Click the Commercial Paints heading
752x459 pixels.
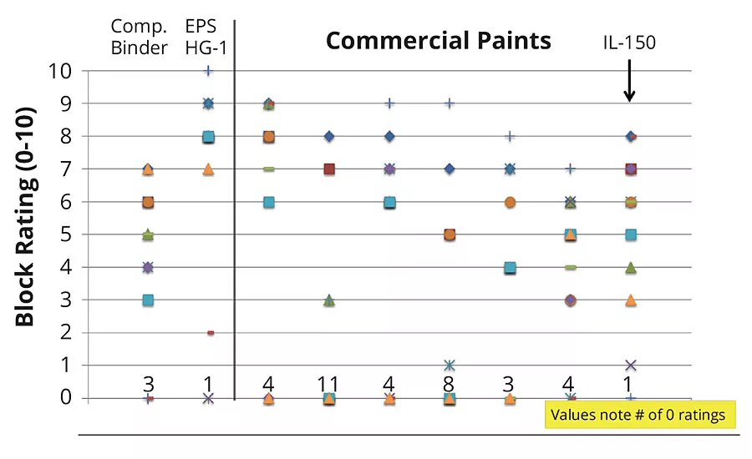[438, 40]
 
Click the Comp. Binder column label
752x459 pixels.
[140, 37]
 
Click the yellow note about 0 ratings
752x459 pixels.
[641, 414]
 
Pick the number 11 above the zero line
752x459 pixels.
[328, 384]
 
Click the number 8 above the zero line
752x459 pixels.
[449, 384]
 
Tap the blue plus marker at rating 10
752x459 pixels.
[208, 71]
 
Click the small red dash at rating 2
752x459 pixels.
[211, 332]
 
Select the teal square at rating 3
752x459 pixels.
[148, 300]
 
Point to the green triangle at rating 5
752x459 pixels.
[148, 235]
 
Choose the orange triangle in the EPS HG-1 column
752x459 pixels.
[208, 169]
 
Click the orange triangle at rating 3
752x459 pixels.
[631, 300]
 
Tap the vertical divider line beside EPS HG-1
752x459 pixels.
[234, 209]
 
